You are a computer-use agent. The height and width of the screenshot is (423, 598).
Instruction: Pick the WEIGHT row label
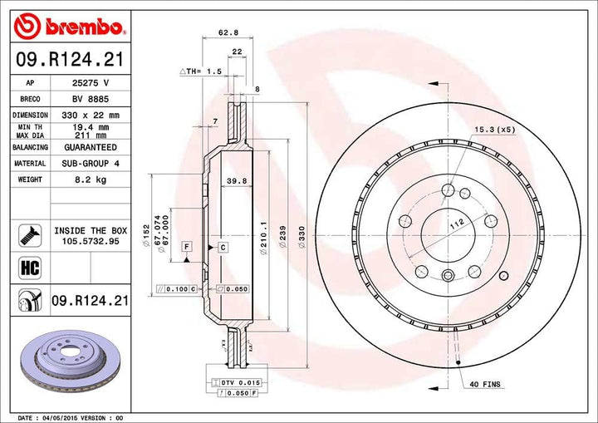coord(30,180)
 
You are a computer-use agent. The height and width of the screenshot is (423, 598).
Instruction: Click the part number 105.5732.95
coord(91,241)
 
